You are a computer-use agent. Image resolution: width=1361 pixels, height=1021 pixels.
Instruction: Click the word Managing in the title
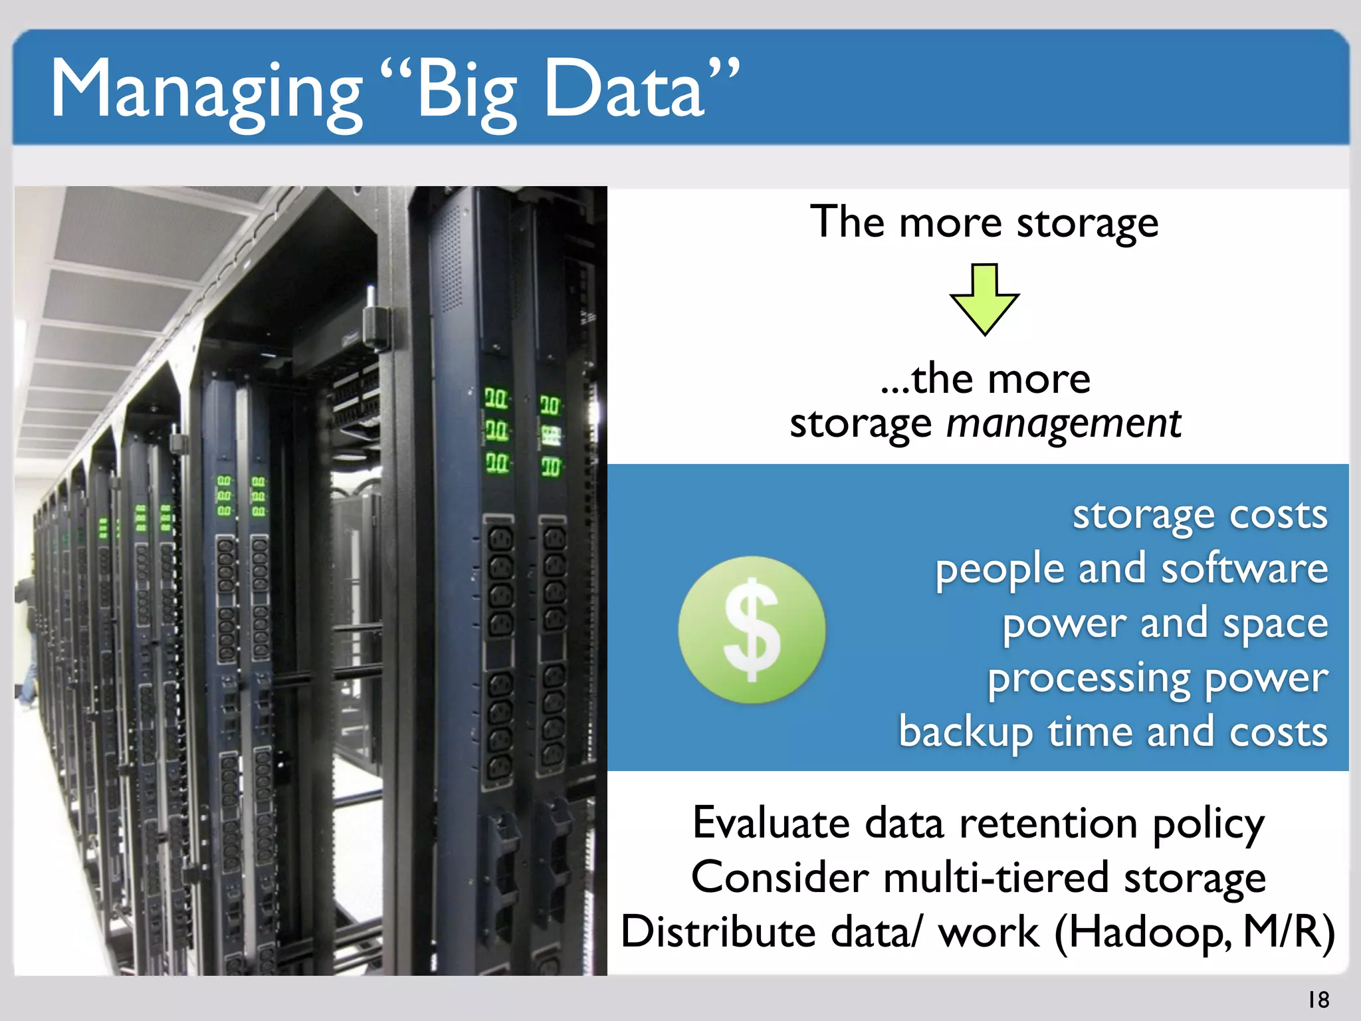(x=206, y=90)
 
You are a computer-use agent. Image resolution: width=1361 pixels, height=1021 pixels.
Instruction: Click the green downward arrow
(x=984, y=298)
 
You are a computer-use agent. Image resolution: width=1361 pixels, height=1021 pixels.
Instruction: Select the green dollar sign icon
(x=752, y=629)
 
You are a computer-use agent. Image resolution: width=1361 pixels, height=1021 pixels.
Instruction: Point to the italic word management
(x=1063, y=424)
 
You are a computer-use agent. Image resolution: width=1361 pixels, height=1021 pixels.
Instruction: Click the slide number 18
(x=1318, y=999)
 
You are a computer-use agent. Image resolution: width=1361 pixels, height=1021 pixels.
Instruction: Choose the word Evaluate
(x=771, y=824)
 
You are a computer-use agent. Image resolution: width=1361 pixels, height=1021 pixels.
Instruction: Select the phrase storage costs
(x=1200, y=515)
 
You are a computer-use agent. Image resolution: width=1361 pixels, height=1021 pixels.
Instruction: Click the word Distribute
(x=718, y=932)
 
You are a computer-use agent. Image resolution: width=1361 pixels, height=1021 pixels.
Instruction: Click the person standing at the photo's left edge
(x=25, y=631)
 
